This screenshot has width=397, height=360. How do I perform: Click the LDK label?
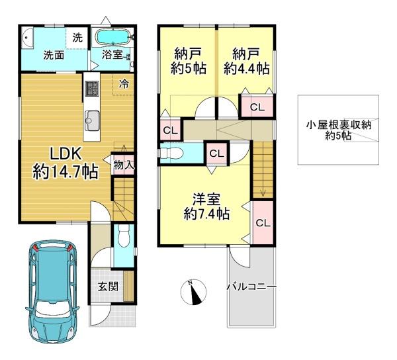pos(66,154)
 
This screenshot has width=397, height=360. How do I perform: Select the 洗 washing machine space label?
pos(77,38)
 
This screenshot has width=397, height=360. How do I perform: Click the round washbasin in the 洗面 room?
pos(27,38)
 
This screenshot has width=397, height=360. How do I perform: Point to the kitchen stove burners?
pos(92,89)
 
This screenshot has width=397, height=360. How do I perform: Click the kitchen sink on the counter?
pos(92,120)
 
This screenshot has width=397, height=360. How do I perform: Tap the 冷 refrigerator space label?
pos(124,84)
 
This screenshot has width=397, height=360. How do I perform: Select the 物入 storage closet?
pos(123,165)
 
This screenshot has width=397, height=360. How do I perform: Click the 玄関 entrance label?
pos(108,287)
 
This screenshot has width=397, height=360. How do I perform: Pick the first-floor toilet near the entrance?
pos(124,236)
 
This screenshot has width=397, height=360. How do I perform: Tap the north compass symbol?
pos(193,292)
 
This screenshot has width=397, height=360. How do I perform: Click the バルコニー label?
pos(251,287)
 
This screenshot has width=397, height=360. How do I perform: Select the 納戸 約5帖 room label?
pos(188,62)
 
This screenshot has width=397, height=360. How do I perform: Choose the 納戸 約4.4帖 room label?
pos(246,62)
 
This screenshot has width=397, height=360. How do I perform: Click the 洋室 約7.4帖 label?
pos(206,207)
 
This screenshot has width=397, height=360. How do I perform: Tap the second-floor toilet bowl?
pos(172,154)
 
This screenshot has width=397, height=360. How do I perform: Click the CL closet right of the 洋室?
pos(263,223)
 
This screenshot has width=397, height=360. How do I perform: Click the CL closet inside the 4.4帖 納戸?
pos(257,107)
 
